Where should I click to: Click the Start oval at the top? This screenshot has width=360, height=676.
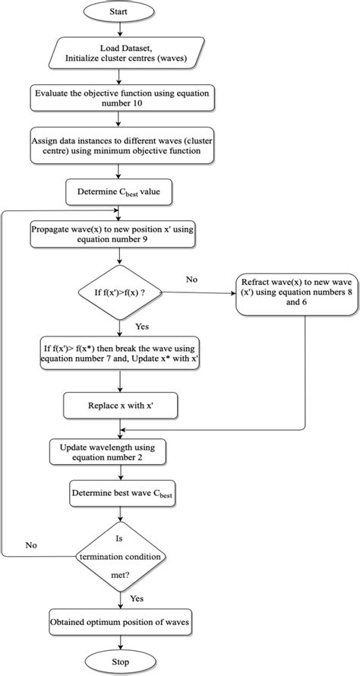(x=117, y=12)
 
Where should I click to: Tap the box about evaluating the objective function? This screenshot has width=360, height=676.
(x=117, y=100)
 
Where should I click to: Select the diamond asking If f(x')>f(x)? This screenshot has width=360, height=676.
(x=117, y=290)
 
